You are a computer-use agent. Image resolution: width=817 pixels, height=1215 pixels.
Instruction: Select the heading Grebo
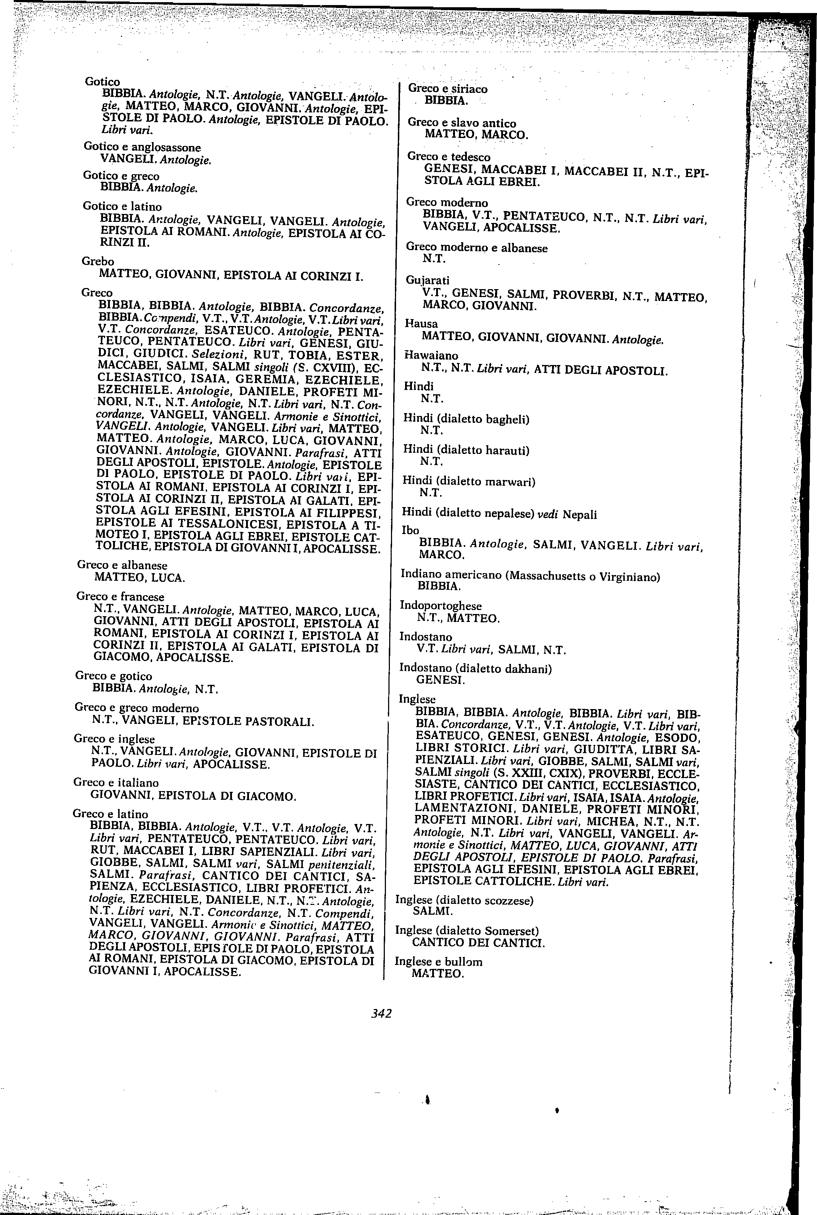click(98, 261)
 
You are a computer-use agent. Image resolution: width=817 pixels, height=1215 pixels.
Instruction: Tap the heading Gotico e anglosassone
click(142, 147)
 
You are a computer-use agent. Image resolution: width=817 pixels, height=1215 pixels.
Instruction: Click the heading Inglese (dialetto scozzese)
click(464, 900)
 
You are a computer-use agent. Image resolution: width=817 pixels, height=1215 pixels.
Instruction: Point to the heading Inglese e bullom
click(439, 962)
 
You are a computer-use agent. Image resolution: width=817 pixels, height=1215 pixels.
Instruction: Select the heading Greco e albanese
click(122, 565)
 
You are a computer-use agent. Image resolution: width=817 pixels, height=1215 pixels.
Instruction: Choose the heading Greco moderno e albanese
click(476, 248)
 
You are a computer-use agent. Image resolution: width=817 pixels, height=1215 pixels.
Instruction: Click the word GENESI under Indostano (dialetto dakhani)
click(440, 680)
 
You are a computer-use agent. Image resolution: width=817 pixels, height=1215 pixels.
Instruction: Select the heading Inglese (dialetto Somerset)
click(467, 931)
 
